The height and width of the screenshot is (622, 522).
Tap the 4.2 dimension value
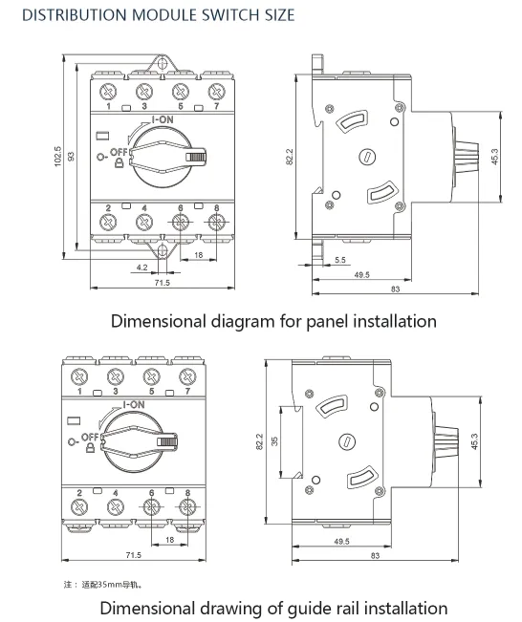point(141,268)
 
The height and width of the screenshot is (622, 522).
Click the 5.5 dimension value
point(340,260)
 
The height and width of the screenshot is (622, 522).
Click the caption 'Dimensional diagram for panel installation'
point(273,321)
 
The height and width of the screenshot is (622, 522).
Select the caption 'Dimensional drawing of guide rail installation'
point(273,608)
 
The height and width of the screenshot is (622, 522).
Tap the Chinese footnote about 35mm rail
point(105,584)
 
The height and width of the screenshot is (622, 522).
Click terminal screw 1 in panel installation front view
point(108,92)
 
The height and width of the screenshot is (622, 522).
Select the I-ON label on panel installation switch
point(162,119)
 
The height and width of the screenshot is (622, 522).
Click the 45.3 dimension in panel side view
point(493,154)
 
